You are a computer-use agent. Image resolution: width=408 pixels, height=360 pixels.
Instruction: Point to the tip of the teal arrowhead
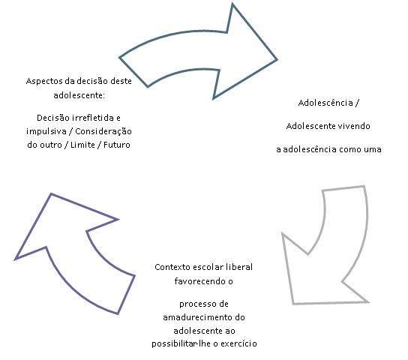click(277, 59)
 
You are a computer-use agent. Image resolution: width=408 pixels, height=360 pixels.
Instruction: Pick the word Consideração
click(103, 131)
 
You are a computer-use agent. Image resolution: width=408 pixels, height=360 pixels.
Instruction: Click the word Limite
click(82, 145)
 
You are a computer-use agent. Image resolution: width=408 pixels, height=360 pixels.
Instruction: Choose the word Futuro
click(117, 145)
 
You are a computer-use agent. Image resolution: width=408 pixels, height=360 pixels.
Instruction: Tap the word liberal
click(239, 267)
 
